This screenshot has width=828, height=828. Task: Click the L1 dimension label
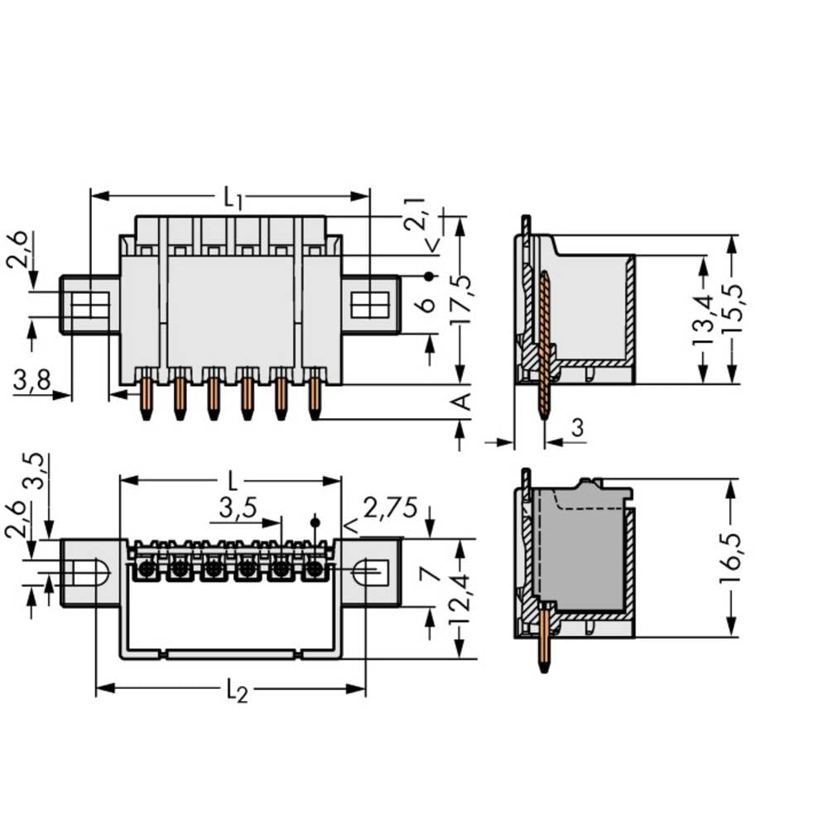(232, 198)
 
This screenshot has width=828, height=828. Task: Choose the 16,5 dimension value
(729, 558)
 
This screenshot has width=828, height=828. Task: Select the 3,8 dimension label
(31, 380)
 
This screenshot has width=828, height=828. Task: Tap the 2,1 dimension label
(415, 214)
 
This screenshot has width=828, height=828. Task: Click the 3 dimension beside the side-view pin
(577, 428)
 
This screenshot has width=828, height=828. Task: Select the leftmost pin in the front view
(146, 398)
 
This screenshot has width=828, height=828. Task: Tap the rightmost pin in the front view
(315, 398)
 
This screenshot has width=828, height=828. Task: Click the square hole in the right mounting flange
(363, 305)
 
